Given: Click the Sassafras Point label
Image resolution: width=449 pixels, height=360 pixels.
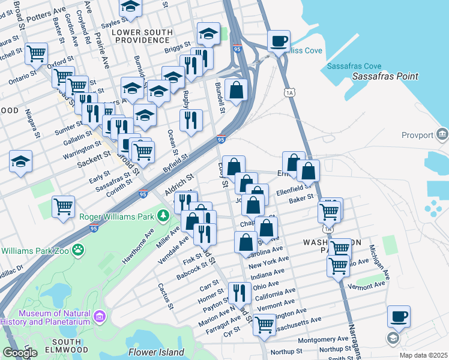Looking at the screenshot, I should (x=385, y=76).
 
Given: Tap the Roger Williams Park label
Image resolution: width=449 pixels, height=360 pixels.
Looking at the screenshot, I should (x=117, y=216).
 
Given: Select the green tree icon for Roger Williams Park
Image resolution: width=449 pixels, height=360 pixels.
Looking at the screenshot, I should (x=163, y=215).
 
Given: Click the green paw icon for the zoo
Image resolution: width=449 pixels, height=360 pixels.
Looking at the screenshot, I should (x=79, y=250).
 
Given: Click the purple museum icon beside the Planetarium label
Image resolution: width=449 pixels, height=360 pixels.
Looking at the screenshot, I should (x=100, y=315).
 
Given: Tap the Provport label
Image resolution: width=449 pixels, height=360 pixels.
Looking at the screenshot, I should (x=417, y=136).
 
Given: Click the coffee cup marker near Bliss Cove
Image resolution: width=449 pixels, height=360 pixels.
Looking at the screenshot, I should (x=279, y=41).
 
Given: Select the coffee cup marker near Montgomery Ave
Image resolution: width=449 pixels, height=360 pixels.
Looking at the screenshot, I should (x=398, y=316).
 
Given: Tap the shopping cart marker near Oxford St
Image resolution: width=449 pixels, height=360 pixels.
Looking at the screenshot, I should (x=36, y=53).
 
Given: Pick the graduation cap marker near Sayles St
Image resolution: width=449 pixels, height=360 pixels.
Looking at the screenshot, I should (x=130, y=7).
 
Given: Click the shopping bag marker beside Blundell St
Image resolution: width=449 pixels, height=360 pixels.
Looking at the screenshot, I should (x=237, y=89).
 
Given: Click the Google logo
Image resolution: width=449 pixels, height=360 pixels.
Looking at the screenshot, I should (x=20, y=353).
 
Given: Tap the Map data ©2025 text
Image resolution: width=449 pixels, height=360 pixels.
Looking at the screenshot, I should (x=423, y=355).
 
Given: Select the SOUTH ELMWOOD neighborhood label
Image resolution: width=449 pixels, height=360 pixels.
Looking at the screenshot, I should (x=59, y=346).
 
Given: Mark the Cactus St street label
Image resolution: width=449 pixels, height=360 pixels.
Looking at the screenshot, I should (x=166, y=296).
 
